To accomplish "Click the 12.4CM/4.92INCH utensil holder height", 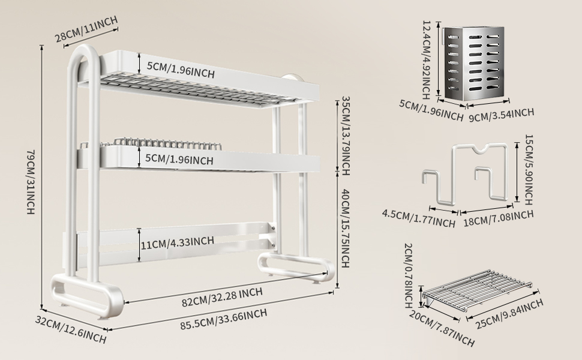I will [427, 60].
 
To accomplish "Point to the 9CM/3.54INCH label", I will [502, 112].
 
